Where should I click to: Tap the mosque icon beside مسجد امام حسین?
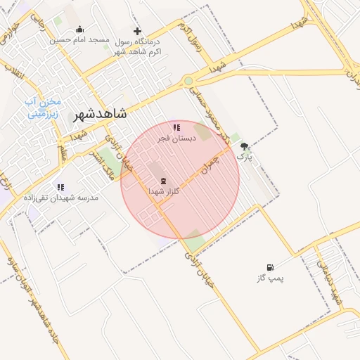[x=79, y=30]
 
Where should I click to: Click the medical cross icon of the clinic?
[x=137, y=31]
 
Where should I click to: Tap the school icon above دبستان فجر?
[x=176, y=128]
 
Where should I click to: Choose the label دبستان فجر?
[x=176, y=139]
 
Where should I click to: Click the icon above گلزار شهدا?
[x=164, y=181]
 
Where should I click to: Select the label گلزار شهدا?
[x=166, y=191]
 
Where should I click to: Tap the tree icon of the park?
[x=244, y=147]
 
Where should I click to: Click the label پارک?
[x=244, y=158]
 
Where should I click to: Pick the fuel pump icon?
[x=270, y=267]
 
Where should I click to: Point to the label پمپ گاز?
[x=270, y=278]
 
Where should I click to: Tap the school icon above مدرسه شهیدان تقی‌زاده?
[x=60, y=187]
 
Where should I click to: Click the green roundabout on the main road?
[x=188, y=81]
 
